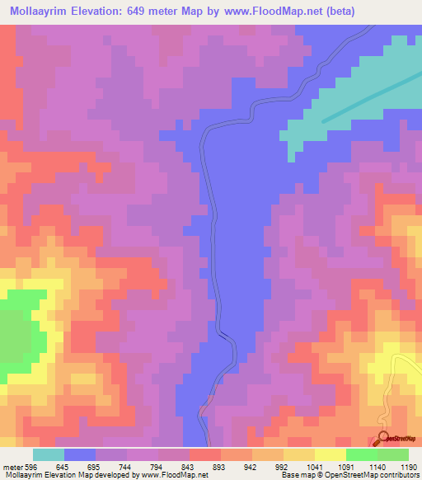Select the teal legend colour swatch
coord(49,454)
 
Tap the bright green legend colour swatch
coord(361,454)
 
